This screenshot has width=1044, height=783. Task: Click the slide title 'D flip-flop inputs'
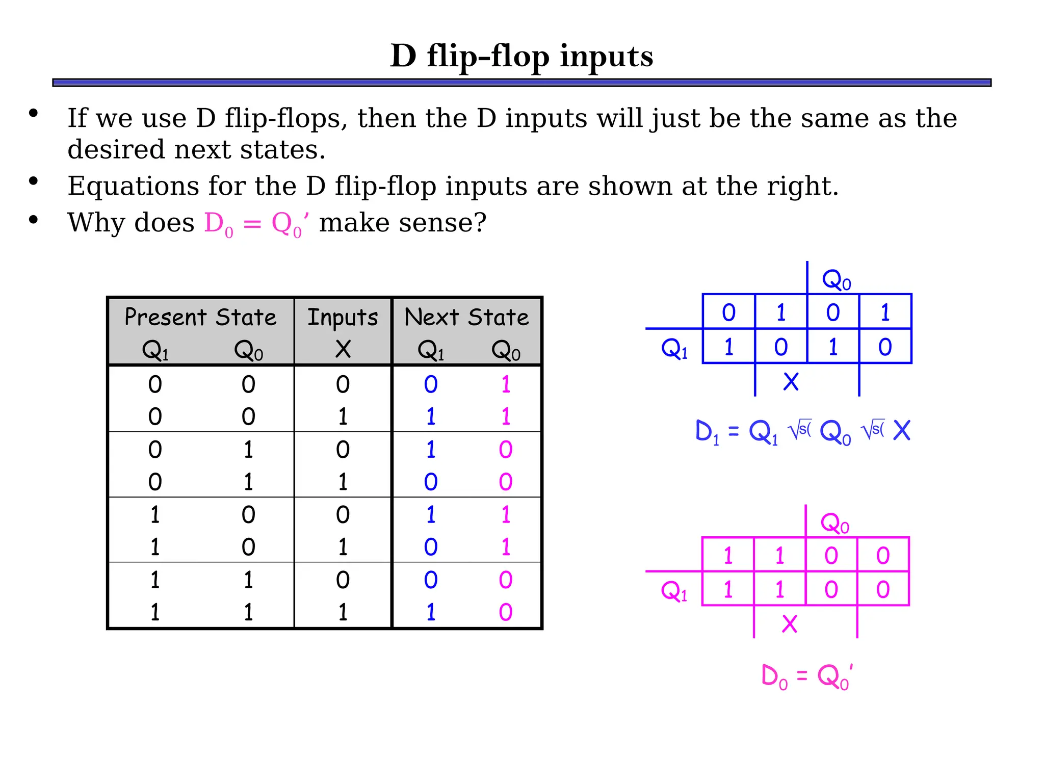point(521,56)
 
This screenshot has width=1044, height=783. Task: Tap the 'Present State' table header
point(200,317)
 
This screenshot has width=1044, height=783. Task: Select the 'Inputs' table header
point(343,317)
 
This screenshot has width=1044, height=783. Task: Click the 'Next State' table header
point(466,317)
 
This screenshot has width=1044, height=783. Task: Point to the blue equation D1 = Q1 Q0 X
point(802,432)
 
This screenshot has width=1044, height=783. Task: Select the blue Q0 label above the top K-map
point(837,280)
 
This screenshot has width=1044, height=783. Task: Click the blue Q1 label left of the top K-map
point(674,349)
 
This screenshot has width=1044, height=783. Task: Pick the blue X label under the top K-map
point(791,382)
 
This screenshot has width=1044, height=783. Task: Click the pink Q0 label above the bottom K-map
point(834,523)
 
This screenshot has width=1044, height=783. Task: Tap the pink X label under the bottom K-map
point(789,624)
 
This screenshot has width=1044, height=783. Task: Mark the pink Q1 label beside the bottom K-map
point(674,591)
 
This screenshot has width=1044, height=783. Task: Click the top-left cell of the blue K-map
point(728,312)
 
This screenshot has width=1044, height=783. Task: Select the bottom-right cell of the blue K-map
point(885,347)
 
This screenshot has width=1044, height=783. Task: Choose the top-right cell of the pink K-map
point(883,555)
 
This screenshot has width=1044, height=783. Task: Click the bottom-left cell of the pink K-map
point(728,589)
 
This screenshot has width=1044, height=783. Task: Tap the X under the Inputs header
point(343,349)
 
